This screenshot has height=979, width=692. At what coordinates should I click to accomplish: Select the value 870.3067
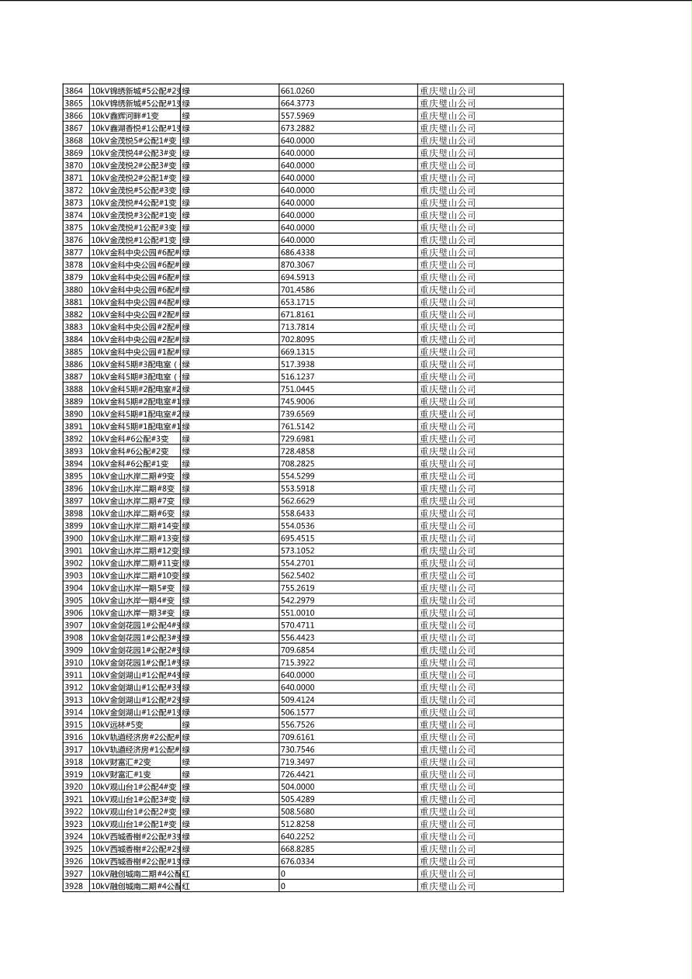click(x=298, y=265)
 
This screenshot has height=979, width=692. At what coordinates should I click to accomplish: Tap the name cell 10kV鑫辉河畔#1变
click(x=125, y=116)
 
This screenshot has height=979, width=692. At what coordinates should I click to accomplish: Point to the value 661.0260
click(x=298, y=91)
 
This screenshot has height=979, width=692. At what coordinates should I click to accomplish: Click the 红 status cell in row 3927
click(x=186, y=873)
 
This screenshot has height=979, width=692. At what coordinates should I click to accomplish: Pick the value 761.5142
click(x=298, y=426)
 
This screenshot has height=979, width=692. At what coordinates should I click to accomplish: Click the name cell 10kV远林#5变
click(x=117, y=725)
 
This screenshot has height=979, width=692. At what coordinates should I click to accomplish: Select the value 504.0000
click(x=298, y=787)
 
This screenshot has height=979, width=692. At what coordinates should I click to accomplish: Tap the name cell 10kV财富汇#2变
click(x=121, y=762)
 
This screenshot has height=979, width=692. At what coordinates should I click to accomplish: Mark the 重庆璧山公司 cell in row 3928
click(x=448, y=886)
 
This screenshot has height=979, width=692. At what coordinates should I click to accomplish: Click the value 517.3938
click(x=298, y=364)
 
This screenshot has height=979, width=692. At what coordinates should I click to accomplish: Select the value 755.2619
click(x=298, y=588)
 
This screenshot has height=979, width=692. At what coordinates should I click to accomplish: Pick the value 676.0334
click(x=298, y=861)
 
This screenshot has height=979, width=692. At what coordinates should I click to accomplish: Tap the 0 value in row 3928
click(x=283, y=886)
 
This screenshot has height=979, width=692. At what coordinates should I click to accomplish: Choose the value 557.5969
click(x=298, y=116)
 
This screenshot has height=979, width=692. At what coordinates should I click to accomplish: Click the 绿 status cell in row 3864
click(x=186, y=91)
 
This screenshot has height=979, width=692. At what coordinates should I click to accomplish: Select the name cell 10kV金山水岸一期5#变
click(x=133, y=588)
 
